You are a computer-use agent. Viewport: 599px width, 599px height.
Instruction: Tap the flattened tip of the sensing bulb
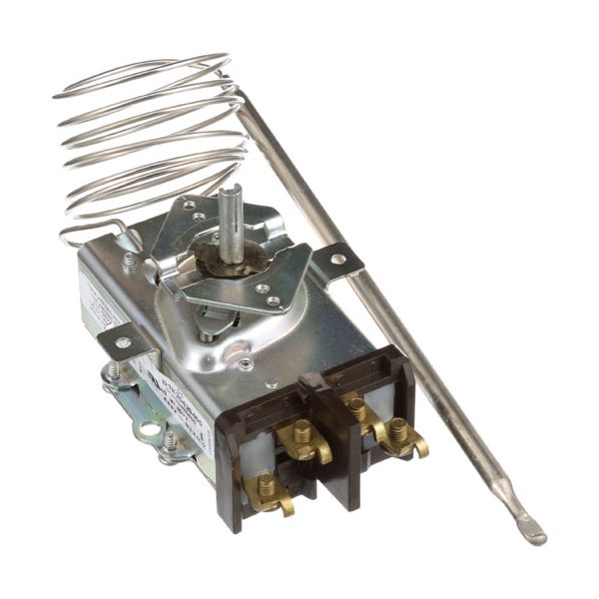(x=532, y=529)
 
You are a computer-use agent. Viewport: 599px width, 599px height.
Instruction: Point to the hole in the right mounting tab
(x=338, y=259)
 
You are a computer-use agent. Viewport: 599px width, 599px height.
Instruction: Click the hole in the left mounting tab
(x=122, y=342)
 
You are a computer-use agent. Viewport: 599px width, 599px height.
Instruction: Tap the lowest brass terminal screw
(x=267, y=488)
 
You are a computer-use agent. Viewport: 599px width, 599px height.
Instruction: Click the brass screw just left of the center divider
(x=302, y=434)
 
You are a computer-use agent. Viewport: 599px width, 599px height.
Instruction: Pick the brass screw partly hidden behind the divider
(x=356, y=406)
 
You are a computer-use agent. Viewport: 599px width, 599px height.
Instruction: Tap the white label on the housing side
(x=165, y=379)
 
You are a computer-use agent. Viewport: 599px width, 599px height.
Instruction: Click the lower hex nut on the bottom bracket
(x=170, y=439)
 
